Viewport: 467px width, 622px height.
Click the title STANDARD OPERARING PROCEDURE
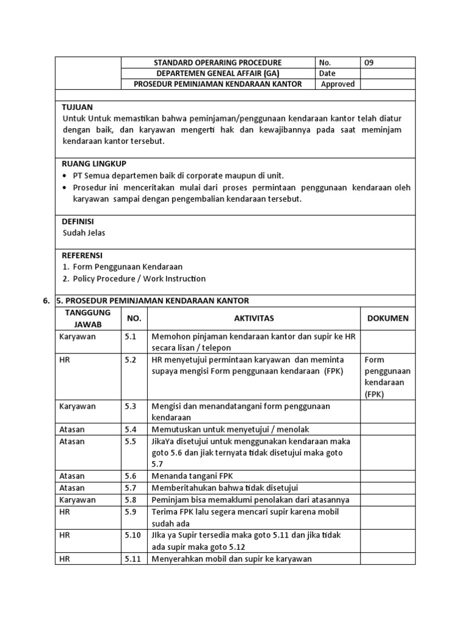pyautogui.click(x=218, y=63)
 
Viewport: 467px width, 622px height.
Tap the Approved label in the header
pyautogui.click(x=337, y=84)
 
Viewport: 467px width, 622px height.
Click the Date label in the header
pyautogui.click(x=327, y=73)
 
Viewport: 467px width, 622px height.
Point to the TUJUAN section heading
pyautogui.click(x=77, y=107)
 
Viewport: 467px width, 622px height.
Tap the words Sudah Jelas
pyautogui.click(x=84, y=233)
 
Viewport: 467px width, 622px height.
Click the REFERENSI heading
pyautogui.click(x=82, y=255)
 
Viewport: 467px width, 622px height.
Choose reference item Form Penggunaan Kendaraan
pyautogui.click(x=127, y=267)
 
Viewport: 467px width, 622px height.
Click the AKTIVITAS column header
pyautogui.click(x=254, y=318)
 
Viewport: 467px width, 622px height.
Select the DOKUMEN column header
pyautogui.click(x=388, y=318)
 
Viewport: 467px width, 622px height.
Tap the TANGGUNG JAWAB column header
pyautogui.click(x=88, y=318)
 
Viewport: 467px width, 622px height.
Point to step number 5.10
pyautogui.click(x=133, y=535)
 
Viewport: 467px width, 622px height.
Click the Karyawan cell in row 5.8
pyautogui.click(x=77, y=500)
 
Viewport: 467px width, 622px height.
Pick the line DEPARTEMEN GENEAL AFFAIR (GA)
pyautogui.click(x=218, y=73)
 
